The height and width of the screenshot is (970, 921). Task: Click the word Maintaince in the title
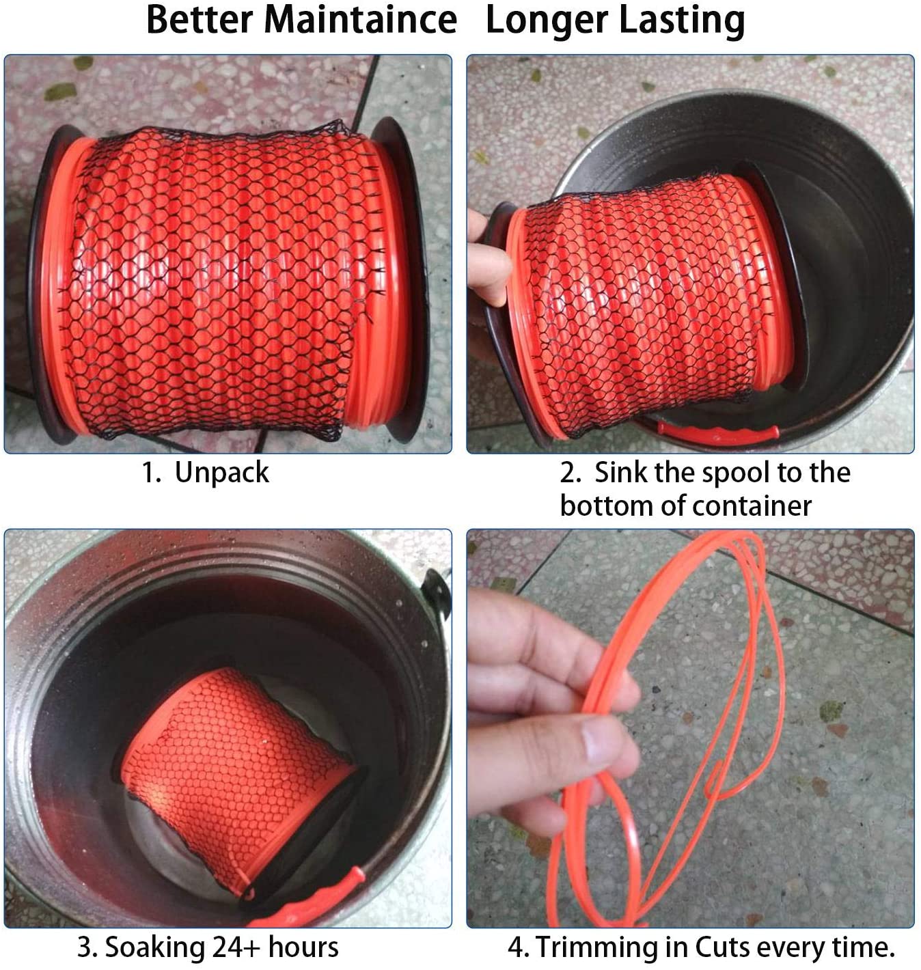click(360, 20)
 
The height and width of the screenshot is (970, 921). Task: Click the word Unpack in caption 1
click(221, 473)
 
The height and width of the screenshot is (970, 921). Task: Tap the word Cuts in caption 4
click(723, 947)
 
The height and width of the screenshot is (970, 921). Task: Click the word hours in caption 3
click(303, 947)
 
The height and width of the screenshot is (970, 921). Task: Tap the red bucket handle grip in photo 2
click(715, 432)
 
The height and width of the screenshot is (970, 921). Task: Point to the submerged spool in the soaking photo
click(237, 784)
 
